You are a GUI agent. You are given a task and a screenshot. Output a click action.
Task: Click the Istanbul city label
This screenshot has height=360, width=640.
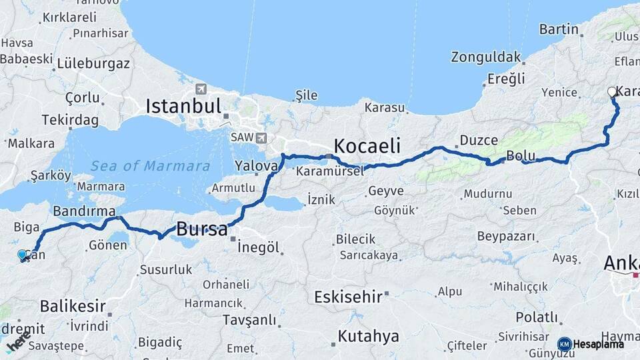(x=183, y=106)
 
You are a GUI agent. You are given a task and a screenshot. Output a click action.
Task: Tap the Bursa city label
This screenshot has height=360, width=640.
(x=201, y=231)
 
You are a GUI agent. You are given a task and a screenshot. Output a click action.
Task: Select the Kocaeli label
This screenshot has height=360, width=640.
(x=367, y=146)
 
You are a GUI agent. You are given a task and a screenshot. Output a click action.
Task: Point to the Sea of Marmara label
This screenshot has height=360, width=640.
(x=151, y=167)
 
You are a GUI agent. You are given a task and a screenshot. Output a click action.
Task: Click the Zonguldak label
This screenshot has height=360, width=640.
(x=485, y=57)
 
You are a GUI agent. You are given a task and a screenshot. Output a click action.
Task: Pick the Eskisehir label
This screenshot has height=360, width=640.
(x=348, y=297)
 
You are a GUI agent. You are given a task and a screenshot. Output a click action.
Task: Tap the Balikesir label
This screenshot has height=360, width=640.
(x=73, y=307)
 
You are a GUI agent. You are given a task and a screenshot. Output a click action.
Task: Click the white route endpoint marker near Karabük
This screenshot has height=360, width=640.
(x=612, y=93)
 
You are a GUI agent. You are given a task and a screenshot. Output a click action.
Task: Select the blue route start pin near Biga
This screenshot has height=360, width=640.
(x=22, y=255)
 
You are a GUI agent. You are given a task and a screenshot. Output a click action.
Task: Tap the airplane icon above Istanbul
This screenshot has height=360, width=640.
(x=201, y=89)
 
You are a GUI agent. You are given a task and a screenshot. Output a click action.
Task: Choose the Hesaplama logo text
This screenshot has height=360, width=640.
(x=599, y=344)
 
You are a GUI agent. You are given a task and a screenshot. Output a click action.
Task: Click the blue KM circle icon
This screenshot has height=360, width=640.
(x=565, y=344)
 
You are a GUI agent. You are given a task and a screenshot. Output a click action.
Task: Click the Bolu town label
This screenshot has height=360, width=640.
(x=521, y=156)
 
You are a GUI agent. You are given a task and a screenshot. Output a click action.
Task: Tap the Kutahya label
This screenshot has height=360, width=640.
(x=368, y=336)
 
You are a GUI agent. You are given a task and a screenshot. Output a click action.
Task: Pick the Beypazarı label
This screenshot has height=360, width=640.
(x=507, y=236)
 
